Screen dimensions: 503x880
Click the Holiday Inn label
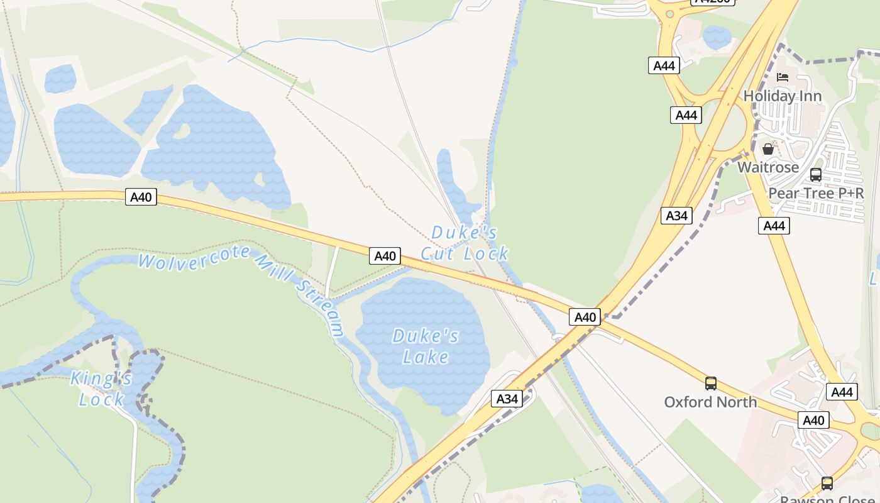coord(783,96)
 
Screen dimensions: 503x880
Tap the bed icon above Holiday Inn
coord(783,77)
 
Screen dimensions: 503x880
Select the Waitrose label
coord(768,167)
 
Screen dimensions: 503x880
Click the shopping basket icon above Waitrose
coord(768,149)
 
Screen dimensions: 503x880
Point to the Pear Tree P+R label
coord(816,193)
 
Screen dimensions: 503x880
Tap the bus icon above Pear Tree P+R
coord(816,175)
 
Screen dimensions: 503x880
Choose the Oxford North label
coord(710,402)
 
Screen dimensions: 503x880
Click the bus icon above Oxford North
coord(710,383)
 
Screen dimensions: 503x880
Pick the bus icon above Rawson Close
coord(827,483)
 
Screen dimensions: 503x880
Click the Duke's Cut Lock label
coord(465,243)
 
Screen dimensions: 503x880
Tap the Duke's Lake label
coord(426,346)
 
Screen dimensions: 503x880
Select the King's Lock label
coord(101,389)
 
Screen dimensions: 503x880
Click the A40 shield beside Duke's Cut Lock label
coord(385,256)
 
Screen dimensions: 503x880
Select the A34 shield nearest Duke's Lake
coord(507,399)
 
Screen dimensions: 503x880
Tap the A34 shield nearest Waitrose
coord(676,216)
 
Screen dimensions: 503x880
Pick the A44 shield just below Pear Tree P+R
coord(774,226)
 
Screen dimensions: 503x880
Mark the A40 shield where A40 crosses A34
coord(585,317)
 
